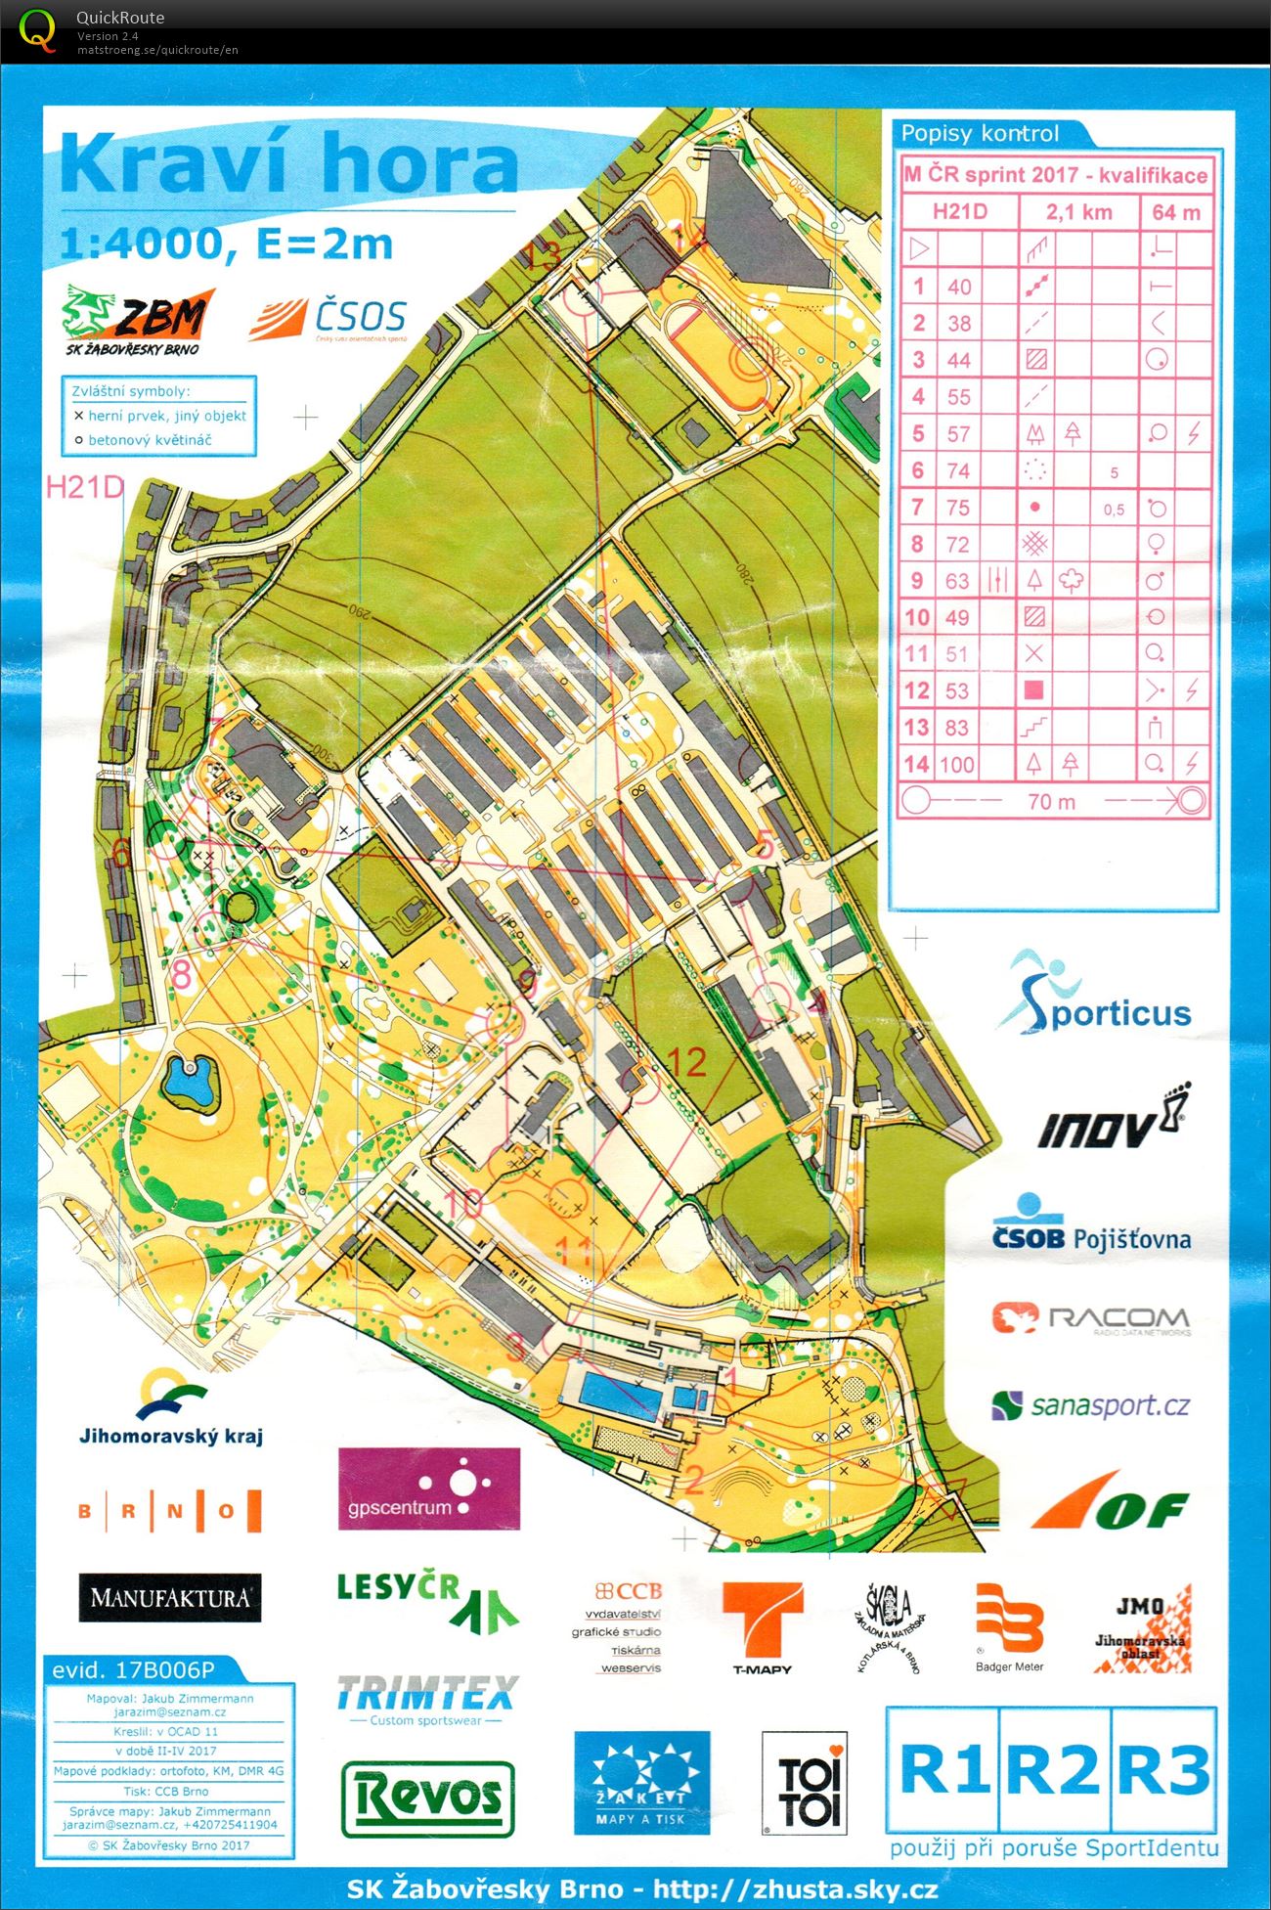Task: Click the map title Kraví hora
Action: click(x=288, y=164)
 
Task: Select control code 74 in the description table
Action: click(x=958, y=470)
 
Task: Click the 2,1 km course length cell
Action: click(x=1079, y=212)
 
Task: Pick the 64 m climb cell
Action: click(x=1176, y=212)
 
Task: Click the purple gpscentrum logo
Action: click(x=428, y=1488)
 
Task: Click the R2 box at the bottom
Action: click(x=1052, y=1769)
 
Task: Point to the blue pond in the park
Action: click(x=188, y=1081)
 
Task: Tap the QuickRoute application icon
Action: click(x=37, y=29)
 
